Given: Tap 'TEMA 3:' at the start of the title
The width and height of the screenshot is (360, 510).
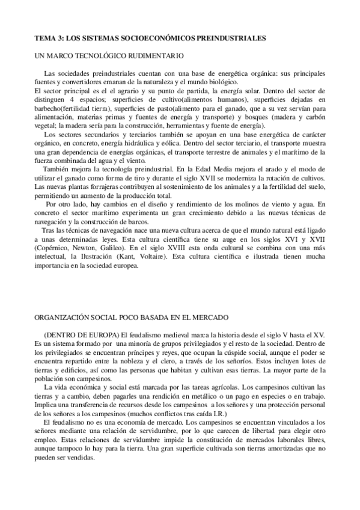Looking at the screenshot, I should pyautogui.click(x=49, y=37).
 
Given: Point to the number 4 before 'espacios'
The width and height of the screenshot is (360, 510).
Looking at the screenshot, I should pyautogui.click(x=72, y=99).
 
